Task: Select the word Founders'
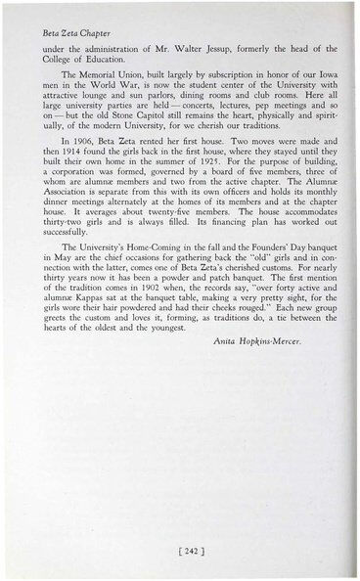point(251,294)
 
